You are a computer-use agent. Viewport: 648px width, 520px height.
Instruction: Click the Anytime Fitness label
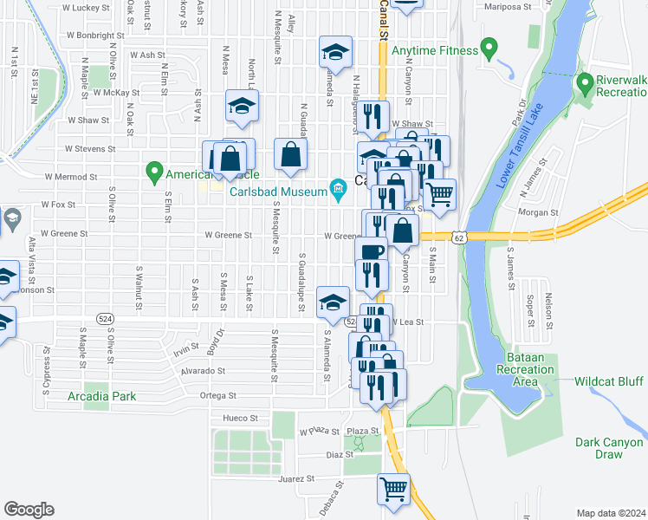435,50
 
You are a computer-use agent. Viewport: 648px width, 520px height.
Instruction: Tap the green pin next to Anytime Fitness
489,47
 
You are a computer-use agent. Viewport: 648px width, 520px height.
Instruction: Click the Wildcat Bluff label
609,381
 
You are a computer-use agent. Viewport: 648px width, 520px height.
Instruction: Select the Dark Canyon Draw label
599,448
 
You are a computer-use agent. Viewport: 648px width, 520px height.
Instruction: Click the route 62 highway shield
457,236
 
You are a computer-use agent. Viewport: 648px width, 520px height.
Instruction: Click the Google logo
29,510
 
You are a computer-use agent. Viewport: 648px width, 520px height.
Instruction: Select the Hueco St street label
242,418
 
